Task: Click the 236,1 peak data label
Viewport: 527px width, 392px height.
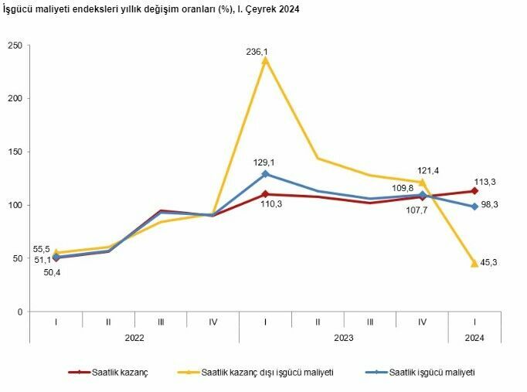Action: click(257, 52)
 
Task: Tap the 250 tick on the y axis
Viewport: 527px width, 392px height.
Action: click(13, 45)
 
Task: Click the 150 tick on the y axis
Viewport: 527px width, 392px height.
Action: click(13, 152)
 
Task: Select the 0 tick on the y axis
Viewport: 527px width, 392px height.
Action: click(19, 312)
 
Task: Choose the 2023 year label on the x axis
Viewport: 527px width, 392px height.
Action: click(343, 338)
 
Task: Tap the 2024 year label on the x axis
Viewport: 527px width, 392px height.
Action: click(474, 338)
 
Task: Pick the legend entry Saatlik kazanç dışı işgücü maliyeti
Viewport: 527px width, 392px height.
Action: click(267, 372)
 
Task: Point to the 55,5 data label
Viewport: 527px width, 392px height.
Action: click(42, 249)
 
